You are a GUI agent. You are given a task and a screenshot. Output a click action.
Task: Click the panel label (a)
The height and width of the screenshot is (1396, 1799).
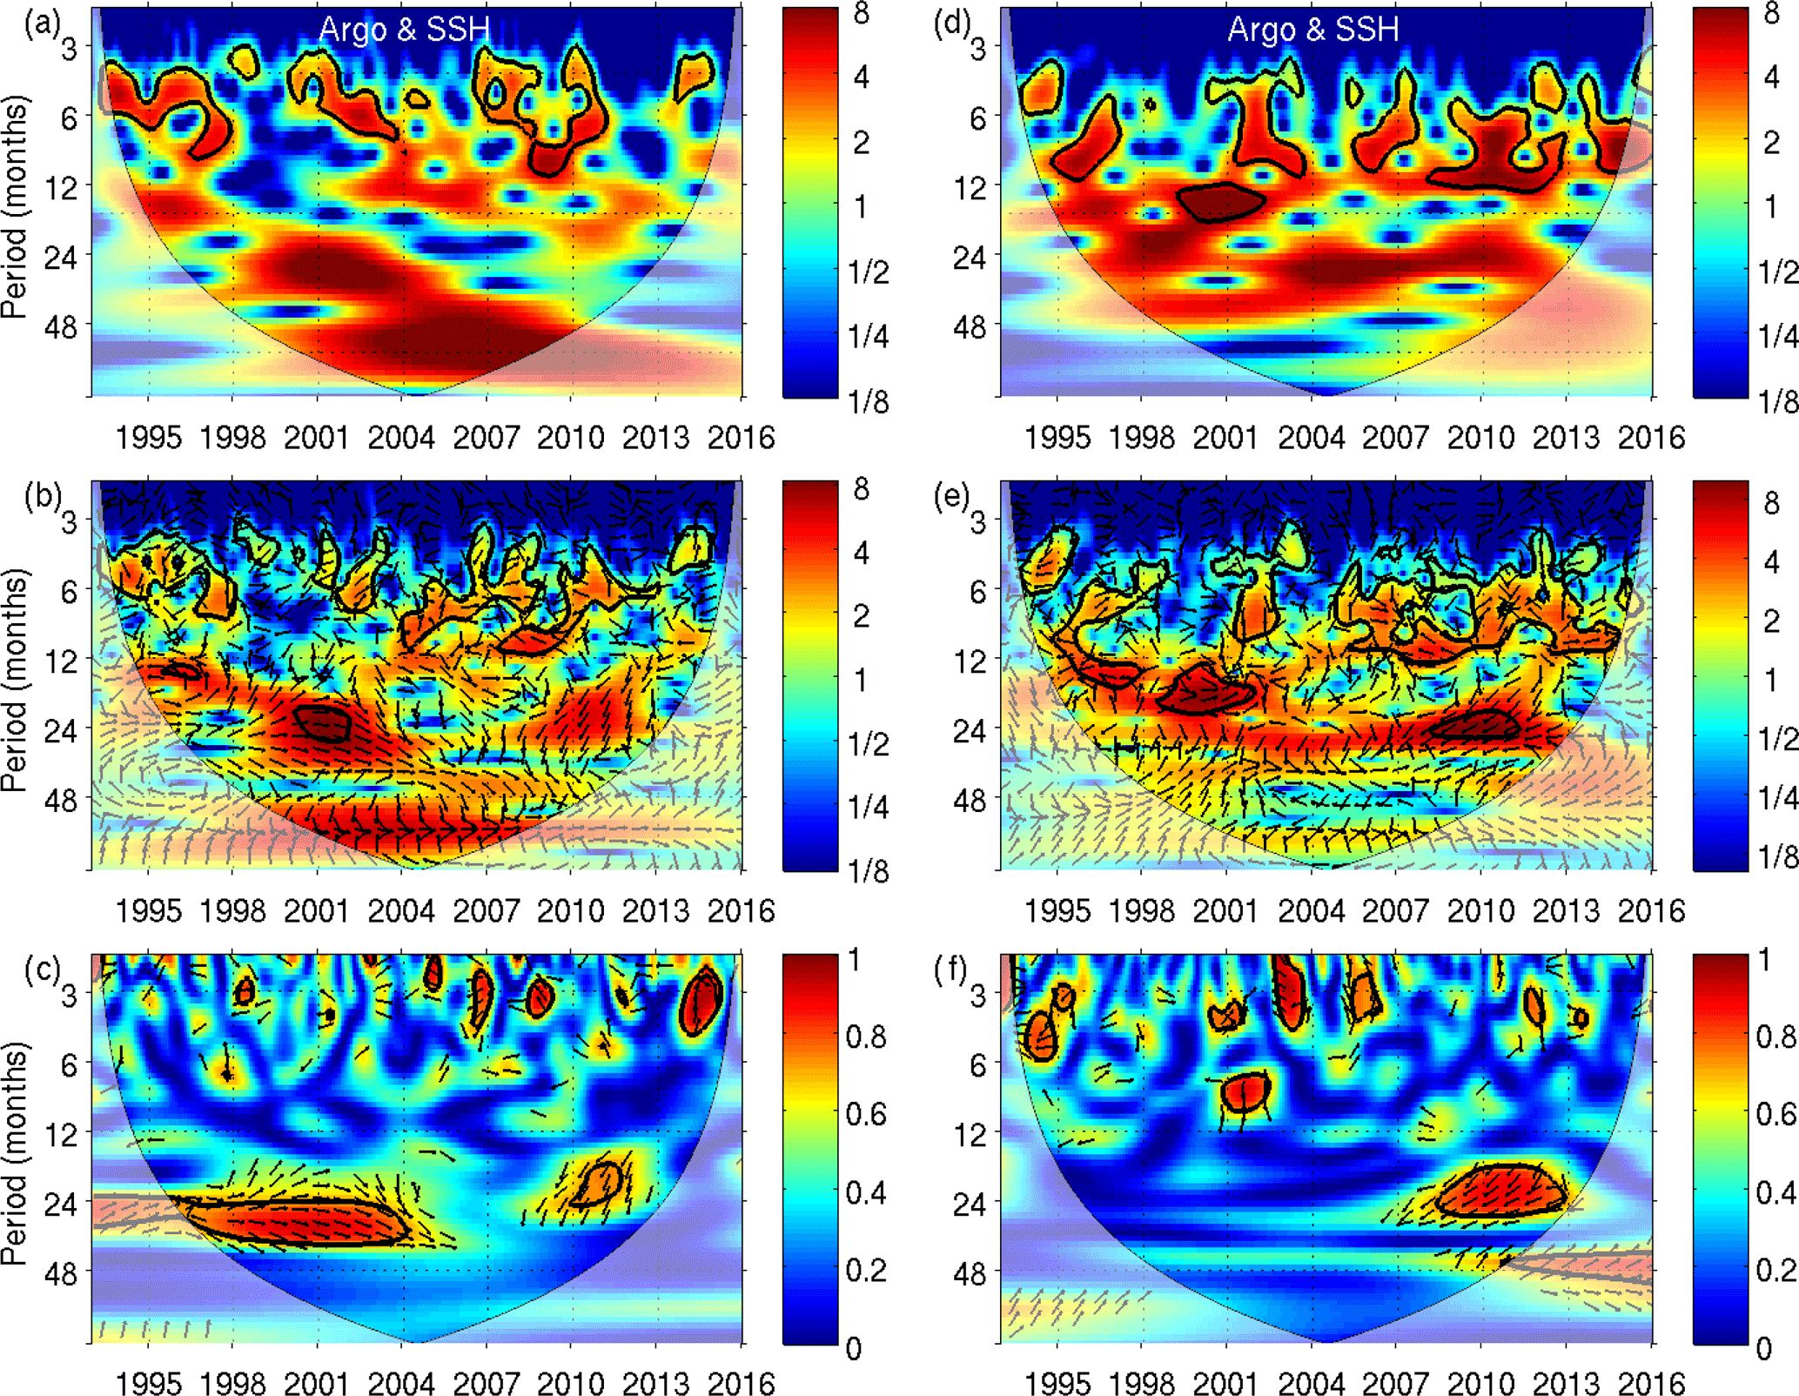40,23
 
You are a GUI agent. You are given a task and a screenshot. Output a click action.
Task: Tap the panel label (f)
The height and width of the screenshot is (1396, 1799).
950,970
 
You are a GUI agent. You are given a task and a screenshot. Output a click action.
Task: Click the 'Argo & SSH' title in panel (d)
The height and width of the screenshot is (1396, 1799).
1312,30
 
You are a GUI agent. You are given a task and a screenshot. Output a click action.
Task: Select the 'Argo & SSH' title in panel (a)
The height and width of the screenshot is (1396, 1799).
404,30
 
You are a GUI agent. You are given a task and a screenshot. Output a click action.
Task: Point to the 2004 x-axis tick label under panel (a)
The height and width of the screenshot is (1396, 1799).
401,437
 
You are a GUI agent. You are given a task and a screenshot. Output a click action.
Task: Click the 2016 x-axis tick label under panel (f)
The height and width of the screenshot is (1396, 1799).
1651,1383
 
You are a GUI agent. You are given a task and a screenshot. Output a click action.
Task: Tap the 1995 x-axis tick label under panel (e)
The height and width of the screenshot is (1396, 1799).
1057,910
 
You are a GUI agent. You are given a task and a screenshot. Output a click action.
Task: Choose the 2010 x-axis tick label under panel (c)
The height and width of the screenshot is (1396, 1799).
570,1383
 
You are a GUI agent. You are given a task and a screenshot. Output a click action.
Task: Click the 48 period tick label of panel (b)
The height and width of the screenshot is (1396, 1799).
60,800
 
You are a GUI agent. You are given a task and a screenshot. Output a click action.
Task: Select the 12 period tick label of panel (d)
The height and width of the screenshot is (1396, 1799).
970,187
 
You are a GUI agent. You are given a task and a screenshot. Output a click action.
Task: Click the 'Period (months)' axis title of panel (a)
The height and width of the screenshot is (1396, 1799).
15,207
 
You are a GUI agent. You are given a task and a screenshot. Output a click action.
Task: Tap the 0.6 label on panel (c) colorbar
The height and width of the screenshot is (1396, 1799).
865,1114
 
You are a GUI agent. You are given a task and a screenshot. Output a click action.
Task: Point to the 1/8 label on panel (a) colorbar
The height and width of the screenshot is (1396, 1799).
868,401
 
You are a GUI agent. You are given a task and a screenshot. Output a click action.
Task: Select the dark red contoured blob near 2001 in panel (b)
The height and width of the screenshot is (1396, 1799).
322,722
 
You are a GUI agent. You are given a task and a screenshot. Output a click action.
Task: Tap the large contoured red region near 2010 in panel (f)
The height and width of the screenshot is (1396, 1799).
1499,1191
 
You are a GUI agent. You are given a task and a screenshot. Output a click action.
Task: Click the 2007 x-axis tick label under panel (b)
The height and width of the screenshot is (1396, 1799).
486,910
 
